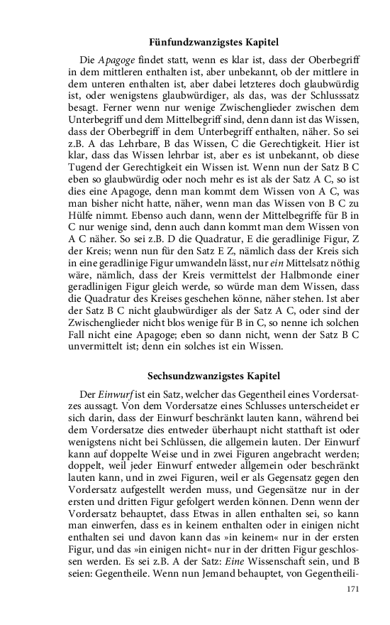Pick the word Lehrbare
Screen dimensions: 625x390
[x=137, y=141]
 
